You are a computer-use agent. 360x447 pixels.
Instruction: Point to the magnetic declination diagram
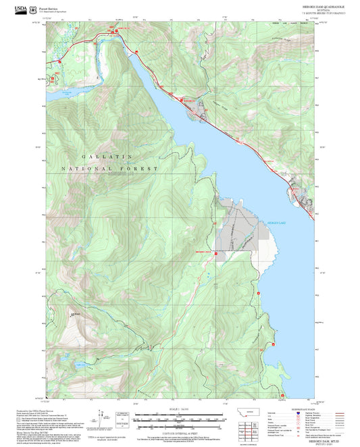103,417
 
